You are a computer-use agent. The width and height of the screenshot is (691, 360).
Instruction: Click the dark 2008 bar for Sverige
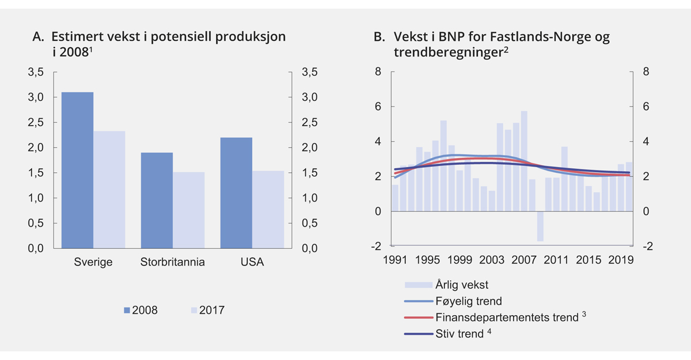point(77,170)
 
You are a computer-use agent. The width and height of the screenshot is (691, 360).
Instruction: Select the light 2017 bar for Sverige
point(109,190)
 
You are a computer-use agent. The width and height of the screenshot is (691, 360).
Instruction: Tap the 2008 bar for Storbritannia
point(157,200)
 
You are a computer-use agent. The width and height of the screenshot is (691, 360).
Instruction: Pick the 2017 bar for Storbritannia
point(189,210)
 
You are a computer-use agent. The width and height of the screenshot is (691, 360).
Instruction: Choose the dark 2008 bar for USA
point(237,192)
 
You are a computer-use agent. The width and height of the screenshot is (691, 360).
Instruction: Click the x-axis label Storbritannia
point(173,263)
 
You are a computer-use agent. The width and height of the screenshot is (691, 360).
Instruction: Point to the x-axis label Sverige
point(93,263)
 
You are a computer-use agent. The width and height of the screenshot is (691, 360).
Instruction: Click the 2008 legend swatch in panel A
point(127,310)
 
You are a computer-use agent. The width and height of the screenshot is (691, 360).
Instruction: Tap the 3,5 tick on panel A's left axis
point(36,73)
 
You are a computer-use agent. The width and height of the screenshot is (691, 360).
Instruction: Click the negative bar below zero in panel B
point(540,226)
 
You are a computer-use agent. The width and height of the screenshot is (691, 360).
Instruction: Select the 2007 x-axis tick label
point(524,260)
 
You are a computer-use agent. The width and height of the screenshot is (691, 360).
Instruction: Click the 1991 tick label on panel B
point(395,260)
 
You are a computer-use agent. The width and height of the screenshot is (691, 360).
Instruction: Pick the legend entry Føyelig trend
point(469,301)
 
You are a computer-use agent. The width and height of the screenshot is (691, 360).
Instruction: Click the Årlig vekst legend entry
point(462,284)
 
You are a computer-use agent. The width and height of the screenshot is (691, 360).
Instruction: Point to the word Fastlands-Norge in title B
point(534,37)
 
